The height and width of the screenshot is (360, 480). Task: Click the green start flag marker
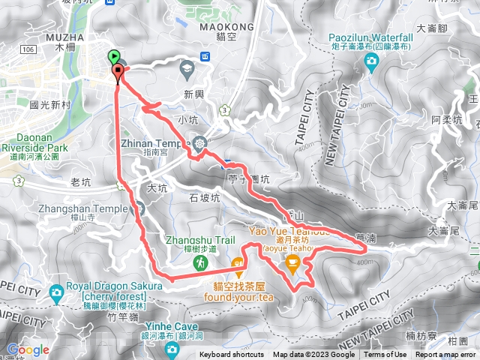click(x=113, y=55)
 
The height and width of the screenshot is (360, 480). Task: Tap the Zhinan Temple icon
click(x=199, y=142)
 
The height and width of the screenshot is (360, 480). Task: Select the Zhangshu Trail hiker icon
click(x=200, y=262)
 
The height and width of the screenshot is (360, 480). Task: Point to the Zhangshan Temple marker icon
click(x=137, y=208)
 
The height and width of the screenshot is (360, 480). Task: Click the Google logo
click(x=28, y=349)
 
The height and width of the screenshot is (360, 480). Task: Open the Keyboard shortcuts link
click(x=232, y=355)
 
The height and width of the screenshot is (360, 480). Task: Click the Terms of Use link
click(x=385, y=355)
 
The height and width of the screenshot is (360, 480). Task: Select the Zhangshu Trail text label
click(x=190, y=241)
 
